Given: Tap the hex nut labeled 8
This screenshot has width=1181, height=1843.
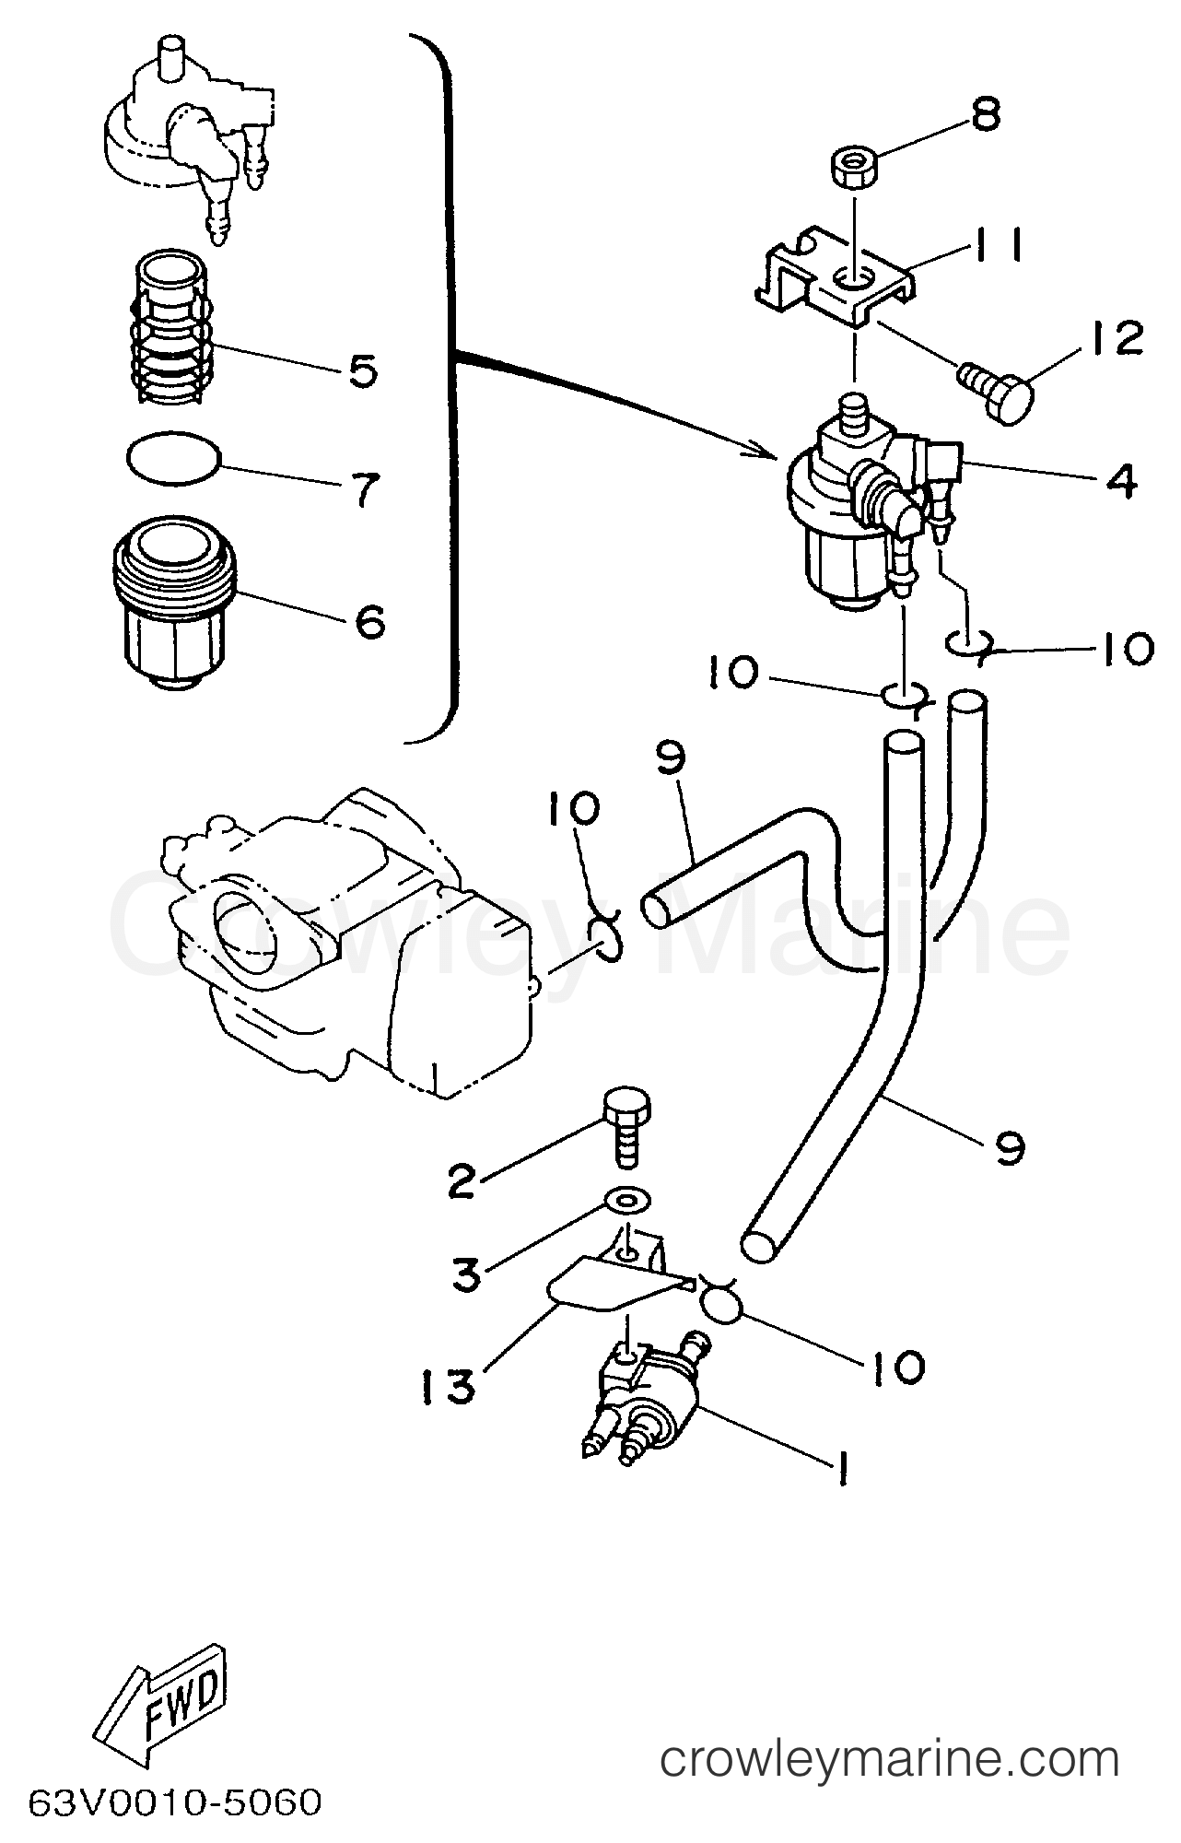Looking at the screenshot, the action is pyautogui.click(x=853, y=170).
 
